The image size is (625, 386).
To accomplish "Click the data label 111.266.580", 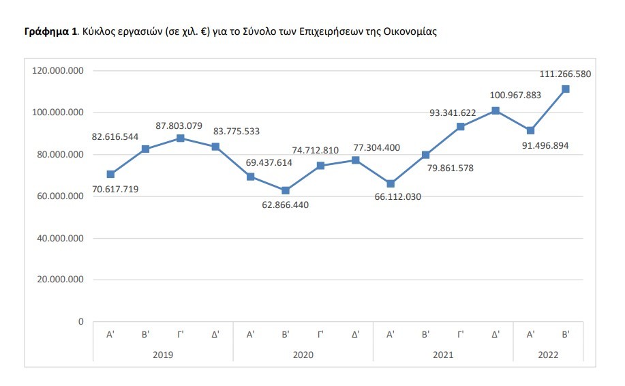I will coord(564,74).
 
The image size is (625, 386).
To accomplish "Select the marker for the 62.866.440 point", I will coord(286,190).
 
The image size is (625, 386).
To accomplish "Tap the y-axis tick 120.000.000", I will coord(59,70).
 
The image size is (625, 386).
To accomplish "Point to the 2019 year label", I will coord(163,355).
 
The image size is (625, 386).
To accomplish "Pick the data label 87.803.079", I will coord(180,125).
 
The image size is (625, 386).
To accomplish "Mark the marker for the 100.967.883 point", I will coord(496,110).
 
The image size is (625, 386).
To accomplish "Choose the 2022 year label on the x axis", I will coord(547,355).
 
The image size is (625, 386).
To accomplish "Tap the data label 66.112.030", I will coord(391,197).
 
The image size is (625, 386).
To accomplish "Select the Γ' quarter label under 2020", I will coord(320,335).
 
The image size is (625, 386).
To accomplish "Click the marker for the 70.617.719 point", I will coord(110,174).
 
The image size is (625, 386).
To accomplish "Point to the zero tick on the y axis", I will coord(80,321).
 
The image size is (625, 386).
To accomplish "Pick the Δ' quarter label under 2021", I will coord(496,335).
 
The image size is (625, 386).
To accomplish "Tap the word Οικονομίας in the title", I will coord(413,32).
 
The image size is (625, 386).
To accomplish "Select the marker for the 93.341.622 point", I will coord(461,126).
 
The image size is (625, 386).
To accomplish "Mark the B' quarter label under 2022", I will coord(565,335).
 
